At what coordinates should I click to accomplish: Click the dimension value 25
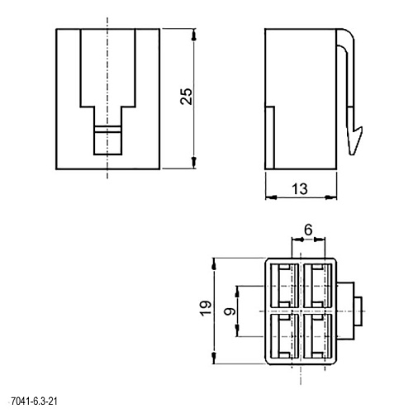[187, 97]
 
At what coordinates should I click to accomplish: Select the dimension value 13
[300, 189]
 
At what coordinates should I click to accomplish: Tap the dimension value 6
[308, 230]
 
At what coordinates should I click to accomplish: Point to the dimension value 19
[206, 308]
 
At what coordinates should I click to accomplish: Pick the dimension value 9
[230, 311]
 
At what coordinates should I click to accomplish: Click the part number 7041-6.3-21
[34, 401]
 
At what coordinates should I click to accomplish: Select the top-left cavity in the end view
[285, 286]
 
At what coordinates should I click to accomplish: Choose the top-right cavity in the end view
[317, 286]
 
